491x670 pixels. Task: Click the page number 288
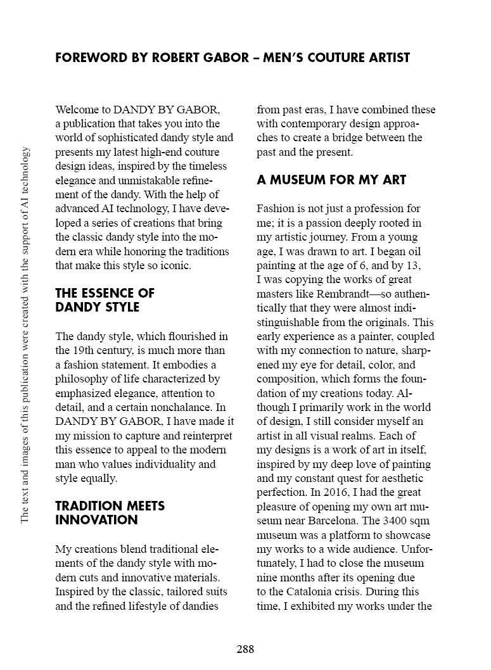245,649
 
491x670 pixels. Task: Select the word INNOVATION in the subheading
96,520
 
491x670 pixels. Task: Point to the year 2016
312,492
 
